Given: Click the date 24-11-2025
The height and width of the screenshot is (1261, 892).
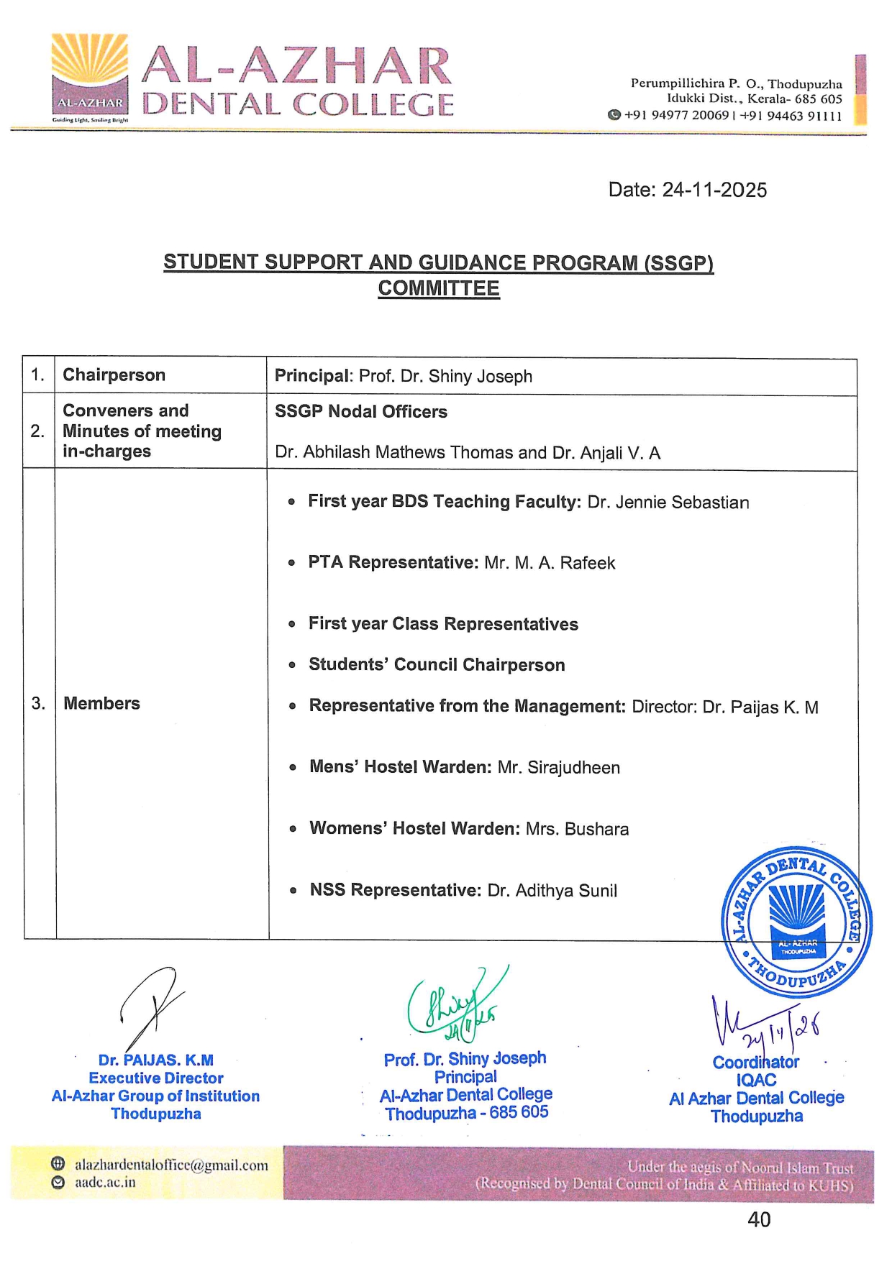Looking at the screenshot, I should point(687,190).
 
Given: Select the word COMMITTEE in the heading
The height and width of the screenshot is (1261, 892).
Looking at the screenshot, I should point(439,288).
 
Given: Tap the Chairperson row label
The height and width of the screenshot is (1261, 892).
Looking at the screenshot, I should point(114,375).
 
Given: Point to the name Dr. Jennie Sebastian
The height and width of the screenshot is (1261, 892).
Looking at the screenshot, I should point(668,502).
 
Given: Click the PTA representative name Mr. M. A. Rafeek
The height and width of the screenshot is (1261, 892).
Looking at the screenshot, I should point(550,563).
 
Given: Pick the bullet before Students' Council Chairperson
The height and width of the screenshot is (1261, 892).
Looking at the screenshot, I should point(292,665).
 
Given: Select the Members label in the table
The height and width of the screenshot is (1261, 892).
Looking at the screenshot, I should point(101,703).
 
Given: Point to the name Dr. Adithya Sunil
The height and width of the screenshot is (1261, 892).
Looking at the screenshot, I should point(552,891).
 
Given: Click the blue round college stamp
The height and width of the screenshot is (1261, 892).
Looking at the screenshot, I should point(796,922).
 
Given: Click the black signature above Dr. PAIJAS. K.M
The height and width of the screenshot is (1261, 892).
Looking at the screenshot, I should point(152,1006).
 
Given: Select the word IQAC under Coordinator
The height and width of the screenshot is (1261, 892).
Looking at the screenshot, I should point(756,1080).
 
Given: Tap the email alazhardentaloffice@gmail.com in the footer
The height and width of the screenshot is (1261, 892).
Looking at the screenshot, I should point(171,1165).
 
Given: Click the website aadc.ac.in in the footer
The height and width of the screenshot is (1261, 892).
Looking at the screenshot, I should point(105,1183).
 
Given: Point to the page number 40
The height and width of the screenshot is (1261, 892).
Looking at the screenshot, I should point(759,1219).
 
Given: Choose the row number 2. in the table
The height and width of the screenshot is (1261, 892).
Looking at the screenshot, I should point(37,431).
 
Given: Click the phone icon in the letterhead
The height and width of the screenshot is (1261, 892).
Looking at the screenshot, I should point(614,115).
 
